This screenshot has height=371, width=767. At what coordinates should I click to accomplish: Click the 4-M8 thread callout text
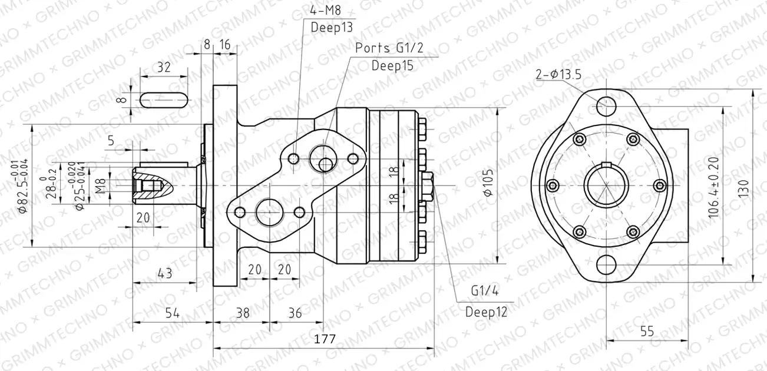pyautogui.click(x=326, y=10)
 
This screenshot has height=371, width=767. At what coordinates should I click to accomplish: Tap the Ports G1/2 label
pyautogui.click(x=389, y=48)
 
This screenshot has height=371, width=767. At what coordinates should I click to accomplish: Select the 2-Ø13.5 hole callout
pyautogui.click(x=558, y=74)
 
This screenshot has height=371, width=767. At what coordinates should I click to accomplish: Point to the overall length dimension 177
pyautogui.click(x=325, y=339)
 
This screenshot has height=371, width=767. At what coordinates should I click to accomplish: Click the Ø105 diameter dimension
pyautogui.click(x=488, y=183)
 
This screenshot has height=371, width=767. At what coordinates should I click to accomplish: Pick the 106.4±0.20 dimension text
pyautogui.click(x=713, y=187)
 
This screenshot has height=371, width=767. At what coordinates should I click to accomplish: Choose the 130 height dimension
pyautogui.click(x=743, y=187)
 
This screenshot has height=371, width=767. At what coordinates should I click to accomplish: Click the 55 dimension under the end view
pyautogui.click(x=647, y=332)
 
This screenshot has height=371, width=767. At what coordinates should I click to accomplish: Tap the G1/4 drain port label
pyautogui.click(x=485, y=291)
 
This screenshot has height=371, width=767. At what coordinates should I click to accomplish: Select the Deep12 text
pyautogui.click(x=486, y=312)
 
